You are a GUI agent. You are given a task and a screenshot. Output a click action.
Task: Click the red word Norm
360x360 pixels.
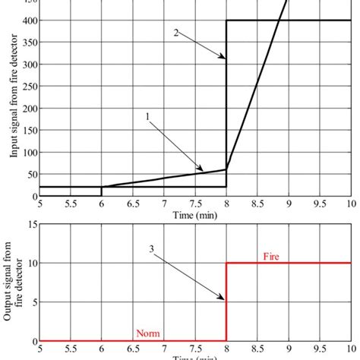(x=147, y=333)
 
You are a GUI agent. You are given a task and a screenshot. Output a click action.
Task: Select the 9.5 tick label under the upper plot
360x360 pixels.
(x=319, y=204)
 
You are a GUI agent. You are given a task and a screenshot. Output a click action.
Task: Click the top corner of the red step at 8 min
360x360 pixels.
(x=226, y=263)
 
